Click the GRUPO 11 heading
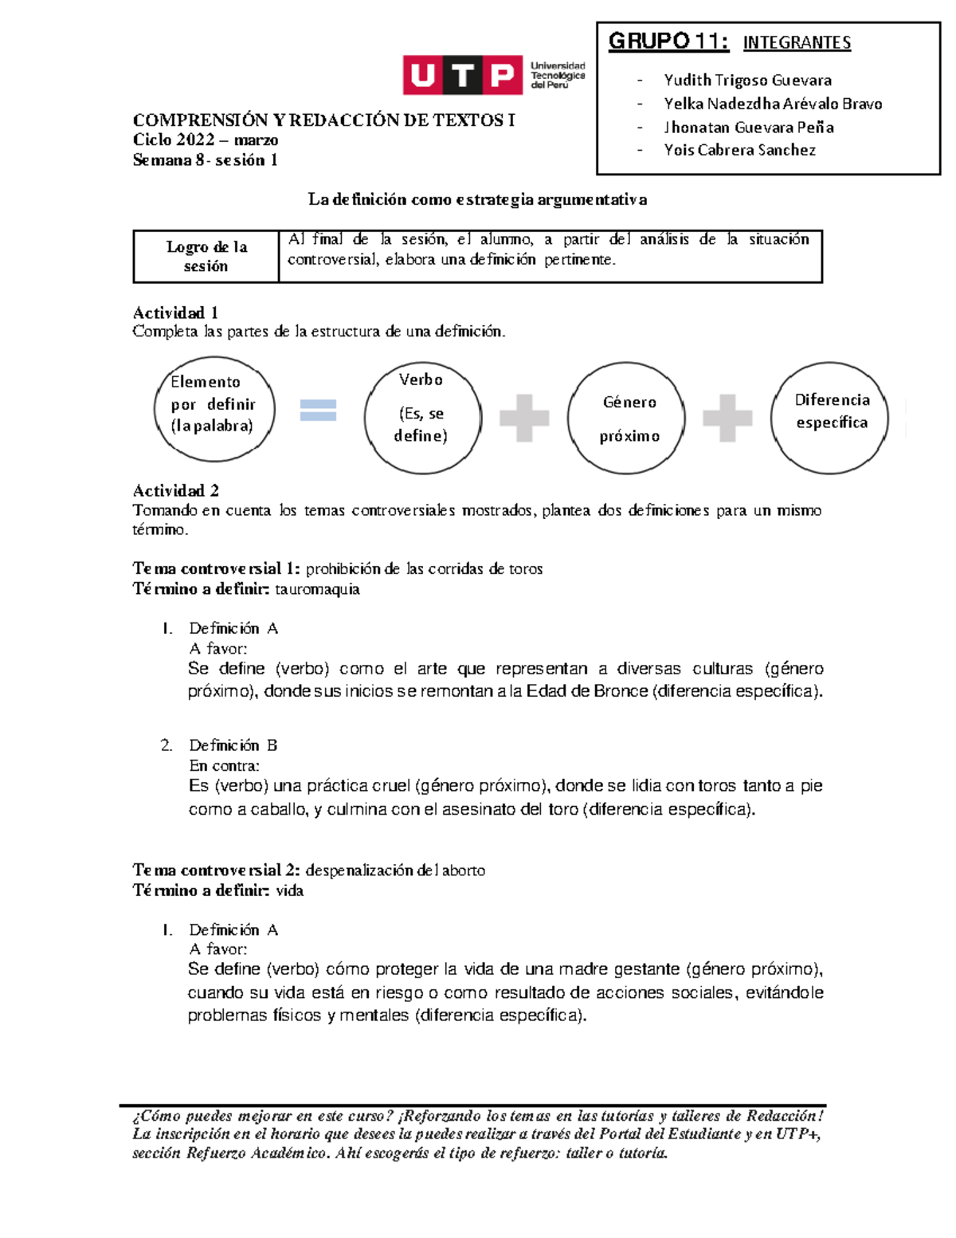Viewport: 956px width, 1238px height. tap(668, 41)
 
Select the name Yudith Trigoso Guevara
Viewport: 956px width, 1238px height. tap(747, 80)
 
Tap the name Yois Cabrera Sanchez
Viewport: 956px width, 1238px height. tap(739, 150)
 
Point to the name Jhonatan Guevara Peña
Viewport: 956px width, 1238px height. tap(748, 127)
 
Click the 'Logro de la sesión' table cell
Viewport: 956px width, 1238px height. tap(206, 256)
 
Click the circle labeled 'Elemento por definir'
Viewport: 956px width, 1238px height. tap(214, 408)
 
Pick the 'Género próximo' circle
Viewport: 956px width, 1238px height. tap(627, 418)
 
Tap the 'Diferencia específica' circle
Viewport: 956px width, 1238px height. tap(830, 417)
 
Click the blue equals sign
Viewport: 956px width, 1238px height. tap(318, 410)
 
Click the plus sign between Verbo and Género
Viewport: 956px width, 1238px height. tap(523, 417)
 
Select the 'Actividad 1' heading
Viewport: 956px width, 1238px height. tap(175, 312)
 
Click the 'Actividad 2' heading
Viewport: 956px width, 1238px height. tap(176, 490)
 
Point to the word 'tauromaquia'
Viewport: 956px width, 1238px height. tap(317, 589)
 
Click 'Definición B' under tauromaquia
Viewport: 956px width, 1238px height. tap(233, 745)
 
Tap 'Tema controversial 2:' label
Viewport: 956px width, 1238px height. tap(216, 870)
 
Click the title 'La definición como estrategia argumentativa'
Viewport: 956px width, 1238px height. tap(477, 199)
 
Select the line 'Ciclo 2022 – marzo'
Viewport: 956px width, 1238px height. tap(206, 140)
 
